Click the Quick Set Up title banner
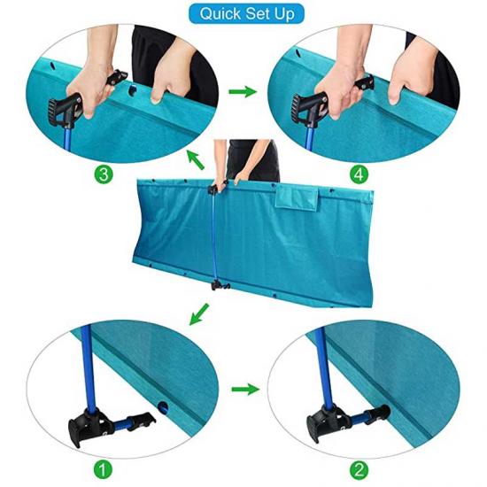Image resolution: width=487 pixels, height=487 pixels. coord(246,13)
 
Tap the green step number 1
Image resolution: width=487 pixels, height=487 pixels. coord(103,469)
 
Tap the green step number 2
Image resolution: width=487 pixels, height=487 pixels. coord(359,470)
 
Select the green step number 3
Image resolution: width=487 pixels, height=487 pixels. coord(103,174)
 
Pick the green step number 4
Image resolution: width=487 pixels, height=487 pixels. coord(359,174)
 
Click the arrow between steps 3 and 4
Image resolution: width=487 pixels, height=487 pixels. coord(243,91)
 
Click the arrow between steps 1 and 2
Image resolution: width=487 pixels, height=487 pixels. coord(245,390)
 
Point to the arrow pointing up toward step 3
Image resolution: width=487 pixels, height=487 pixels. coord(196,159)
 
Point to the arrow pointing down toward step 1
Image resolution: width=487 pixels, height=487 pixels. coord(198,314)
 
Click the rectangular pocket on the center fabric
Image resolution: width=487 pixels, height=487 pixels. coord(297,197)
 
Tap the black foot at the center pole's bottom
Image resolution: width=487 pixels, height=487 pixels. coord(220,285)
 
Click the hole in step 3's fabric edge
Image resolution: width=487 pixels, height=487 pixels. coord(133,89)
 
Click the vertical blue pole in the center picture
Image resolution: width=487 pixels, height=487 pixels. coord(214,236)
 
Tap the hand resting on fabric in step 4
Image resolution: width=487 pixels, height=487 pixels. coord(409,72)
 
